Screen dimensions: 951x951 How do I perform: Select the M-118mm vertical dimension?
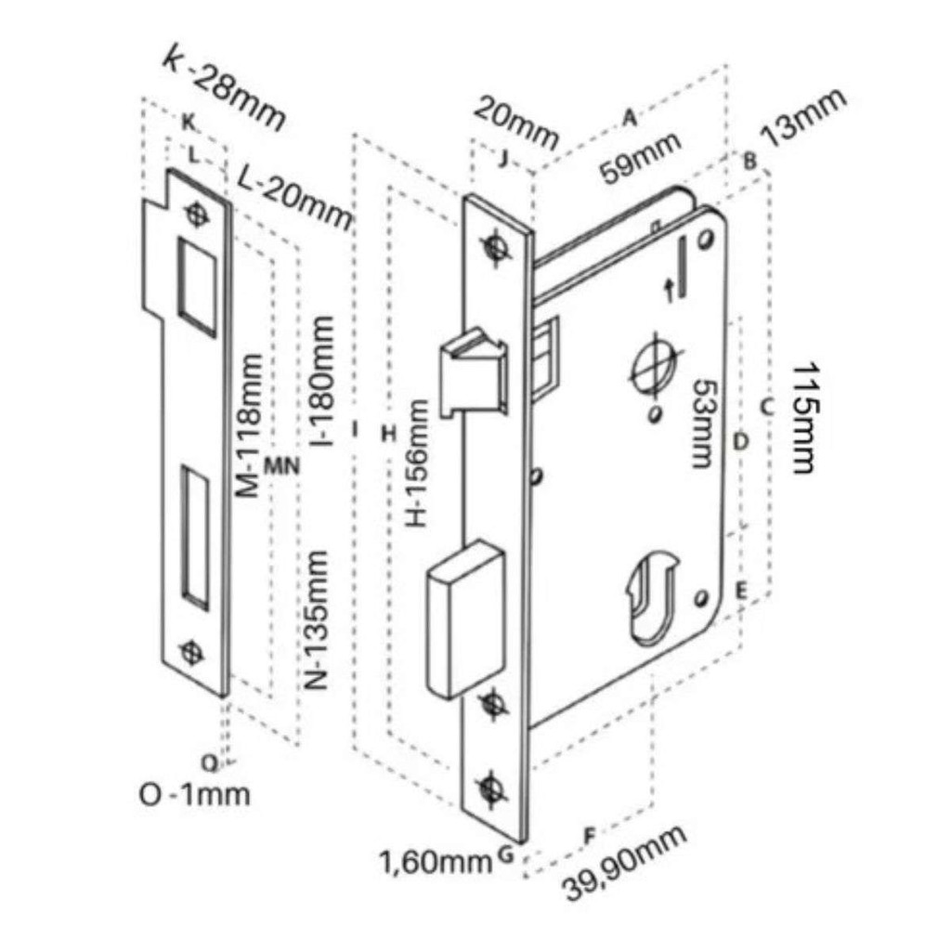tap(249, 425)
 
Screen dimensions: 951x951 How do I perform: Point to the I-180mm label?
tap(321, 381)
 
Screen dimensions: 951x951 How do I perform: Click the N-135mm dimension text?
tap(316, 619)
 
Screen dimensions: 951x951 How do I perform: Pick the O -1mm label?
tap(195, 795)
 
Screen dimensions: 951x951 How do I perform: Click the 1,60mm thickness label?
tap(436, 862)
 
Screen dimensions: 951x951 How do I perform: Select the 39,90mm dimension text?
tap(625, 862)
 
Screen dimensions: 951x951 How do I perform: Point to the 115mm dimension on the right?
tap(804, 418)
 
